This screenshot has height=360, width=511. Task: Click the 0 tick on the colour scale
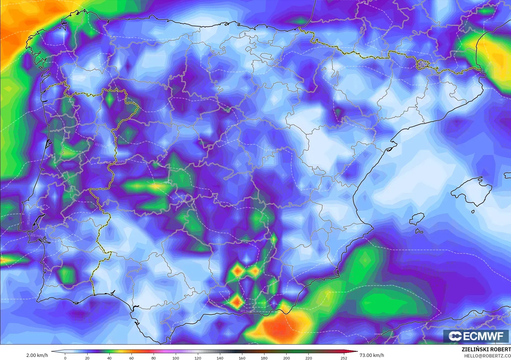(65, 358)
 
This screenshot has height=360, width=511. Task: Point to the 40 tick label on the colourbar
(109, 358)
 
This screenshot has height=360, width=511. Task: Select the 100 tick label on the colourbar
(175, 358)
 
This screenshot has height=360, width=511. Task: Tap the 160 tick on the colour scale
(242, 358)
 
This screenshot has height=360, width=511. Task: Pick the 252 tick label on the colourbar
(344, 358)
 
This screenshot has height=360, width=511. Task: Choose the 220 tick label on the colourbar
(308, 358)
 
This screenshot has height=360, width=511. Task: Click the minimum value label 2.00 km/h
(37, 355)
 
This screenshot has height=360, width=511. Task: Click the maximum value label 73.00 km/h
(372, 355)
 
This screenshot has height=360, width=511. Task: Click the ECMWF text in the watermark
(483, 336)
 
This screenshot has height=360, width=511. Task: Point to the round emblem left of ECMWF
(455, 336)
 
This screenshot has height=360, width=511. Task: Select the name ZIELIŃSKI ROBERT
(486, 349)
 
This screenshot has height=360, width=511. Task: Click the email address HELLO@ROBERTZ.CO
(487, 356)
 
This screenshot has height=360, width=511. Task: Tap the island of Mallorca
(473, 192)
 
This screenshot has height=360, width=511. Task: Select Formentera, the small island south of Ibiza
(419, 231)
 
